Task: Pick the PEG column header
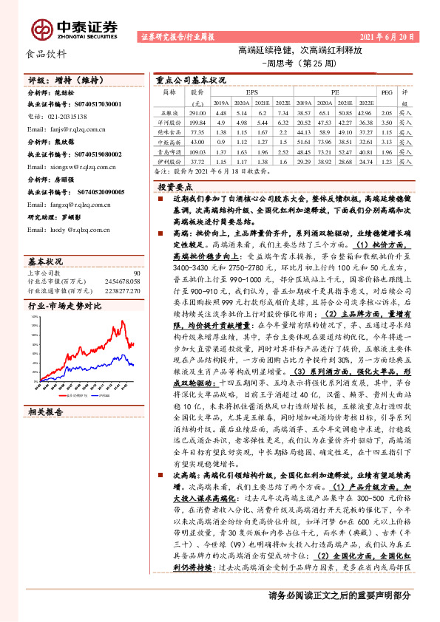[385, 92]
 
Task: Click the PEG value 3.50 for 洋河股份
[385, 121]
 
